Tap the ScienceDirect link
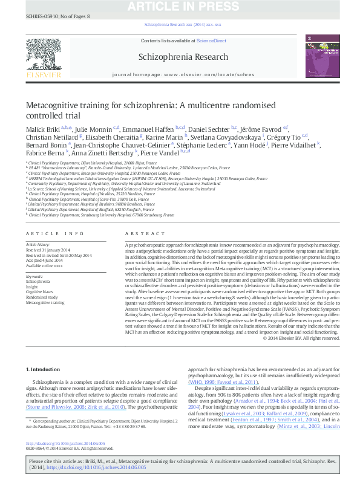point(211,41)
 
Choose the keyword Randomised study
point(39,296)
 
